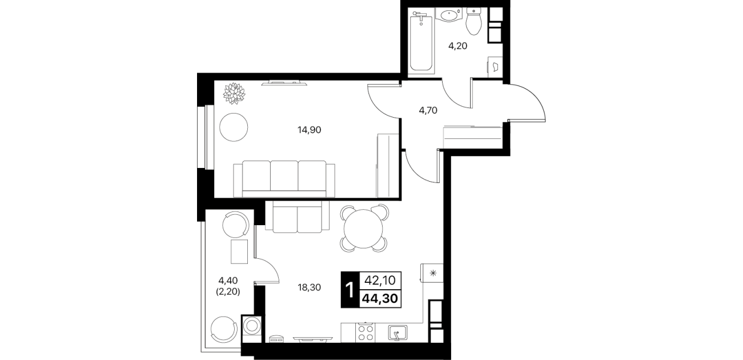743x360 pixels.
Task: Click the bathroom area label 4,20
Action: coord(458,46)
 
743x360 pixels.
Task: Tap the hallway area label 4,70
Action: coord(428,110)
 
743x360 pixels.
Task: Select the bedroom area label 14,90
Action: coord(309,130)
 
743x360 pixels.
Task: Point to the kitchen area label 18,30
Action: coord(309,287)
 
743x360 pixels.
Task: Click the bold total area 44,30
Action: coord(380,299)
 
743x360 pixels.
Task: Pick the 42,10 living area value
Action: coord(380,281)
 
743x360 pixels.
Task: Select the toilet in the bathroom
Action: coord(473,22)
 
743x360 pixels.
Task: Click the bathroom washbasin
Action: coord(448,15)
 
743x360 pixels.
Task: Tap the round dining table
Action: coord(364,229)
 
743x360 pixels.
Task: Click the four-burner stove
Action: coord(365,333)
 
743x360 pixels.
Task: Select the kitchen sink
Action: coord(397,333)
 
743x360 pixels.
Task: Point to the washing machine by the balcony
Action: coord(252,326)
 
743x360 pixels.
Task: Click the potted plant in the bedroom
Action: coord(234,93)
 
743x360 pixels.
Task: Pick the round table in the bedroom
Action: coord(234,127)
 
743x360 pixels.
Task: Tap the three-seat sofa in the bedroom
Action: coord(284,179)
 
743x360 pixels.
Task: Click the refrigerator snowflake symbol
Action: coord(433,273)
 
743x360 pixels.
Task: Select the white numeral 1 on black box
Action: coord(350,290)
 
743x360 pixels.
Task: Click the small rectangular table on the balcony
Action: coord(239,251)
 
